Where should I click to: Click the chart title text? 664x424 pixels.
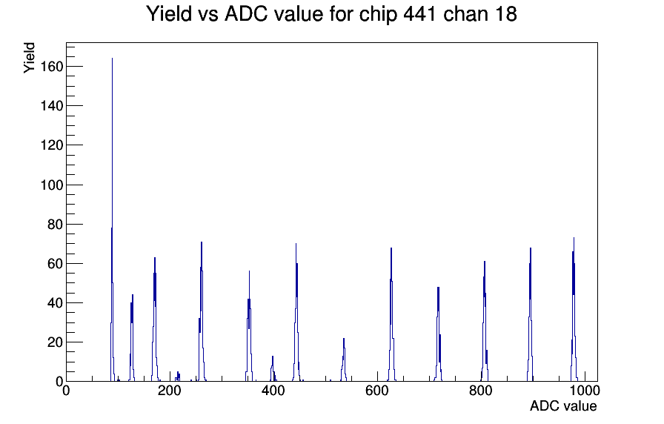[x=331, y=14]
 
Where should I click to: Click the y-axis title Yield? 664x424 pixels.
[x=29, y=58]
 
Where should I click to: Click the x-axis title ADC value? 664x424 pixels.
[x=563, y=405]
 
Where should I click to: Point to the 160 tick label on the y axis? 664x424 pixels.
[x=52, y=67]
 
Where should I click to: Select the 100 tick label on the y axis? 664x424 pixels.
[x=52, y=185]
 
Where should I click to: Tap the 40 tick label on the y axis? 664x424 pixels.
[x=55, y=303]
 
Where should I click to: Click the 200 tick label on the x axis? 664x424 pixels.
[x=170, y=390]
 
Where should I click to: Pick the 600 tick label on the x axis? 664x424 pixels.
[x=377, y=390]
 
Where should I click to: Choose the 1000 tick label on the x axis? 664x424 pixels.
[x=584, y=390]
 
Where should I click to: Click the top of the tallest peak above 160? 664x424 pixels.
[x=112, y=59]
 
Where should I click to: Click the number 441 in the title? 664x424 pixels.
[x=421, y=14]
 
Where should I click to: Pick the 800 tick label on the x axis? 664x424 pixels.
[x=481, y=390]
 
